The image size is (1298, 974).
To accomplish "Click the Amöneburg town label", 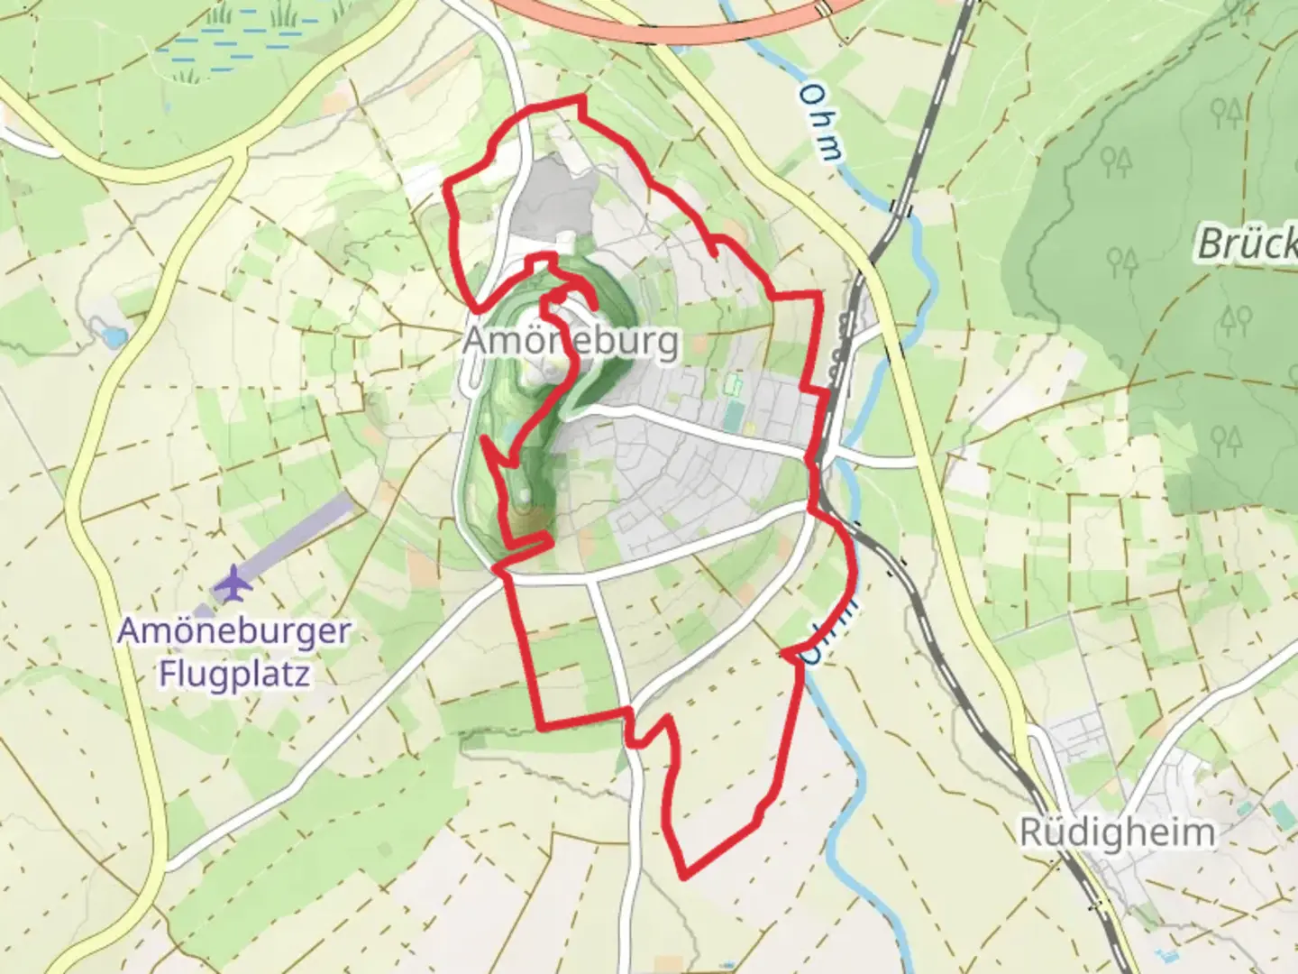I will point(571,343).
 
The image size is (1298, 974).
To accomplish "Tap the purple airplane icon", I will point(233,583).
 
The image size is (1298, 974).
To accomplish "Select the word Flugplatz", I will point(234,673).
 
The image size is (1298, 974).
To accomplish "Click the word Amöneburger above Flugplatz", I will point(233,630).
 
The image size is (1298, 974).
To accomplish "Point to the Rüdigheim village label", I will point(1117,832).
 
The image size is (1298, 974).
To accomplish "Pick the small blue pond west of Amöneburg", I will point(114,337).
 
